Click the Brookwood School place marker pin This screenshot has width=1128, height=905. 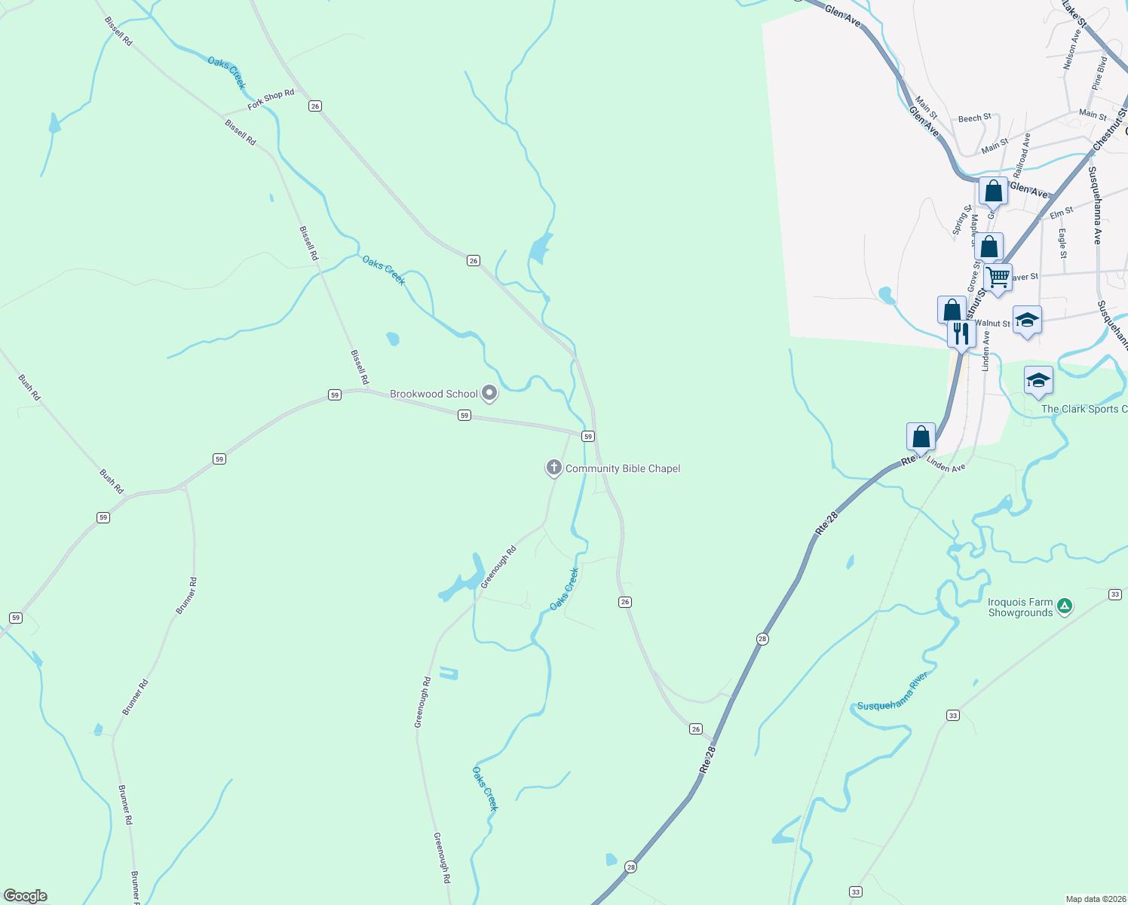coord(489,393)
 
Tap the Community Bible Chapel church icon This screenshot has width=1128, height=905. coord(554,468)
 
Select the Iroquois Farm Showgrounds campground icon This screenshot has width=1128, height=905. coord(1064,605)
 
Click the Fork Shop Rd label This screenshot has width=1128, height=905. coord(271,100)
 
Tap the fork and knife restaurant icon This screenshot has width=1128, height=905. coord(961,333)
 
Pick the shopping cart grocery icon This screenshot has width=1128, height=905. coord(998,278)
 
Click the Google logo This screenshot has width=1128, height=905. coord(26,895)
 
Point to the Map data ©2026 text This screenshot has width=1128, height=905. coord(1095,899)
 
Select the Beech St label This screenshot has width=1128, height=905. coord(974,118)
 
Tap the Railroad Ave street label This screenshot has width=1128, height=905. coord(1022,155)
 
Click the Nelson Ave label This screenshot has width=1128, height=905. coord(1071,49)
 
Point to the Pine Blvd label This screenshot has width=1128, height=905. coord(1099,73)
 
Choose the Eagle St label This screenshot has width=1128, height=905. coord(1062,244)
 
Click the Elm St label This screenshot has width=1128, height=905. coord(1062,213)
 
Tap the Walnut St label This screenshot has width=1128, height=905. coord(992,324)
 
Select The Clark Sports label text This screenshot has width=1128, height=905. coord(1084,409)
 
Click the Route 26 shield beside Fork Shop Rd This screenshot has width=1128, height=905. coord(315,106)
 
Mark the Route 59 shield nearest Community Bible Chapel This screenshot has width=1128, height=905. coord(588,437)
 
